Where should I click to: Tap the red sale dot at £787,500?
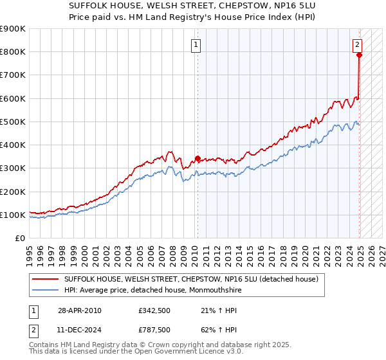pyautogui.click(x=359, y=55)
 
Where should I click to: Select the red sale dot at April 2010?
pyautogui.click(x=198, y=158)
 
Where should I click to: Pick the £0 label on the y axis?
pyautogui.click(x=19, y=239)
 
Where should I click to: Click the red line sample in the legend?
pyautogui.click(x=44, y=279)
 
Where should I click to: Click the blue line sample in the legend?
pyautogui.click(x=44, y=290)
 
